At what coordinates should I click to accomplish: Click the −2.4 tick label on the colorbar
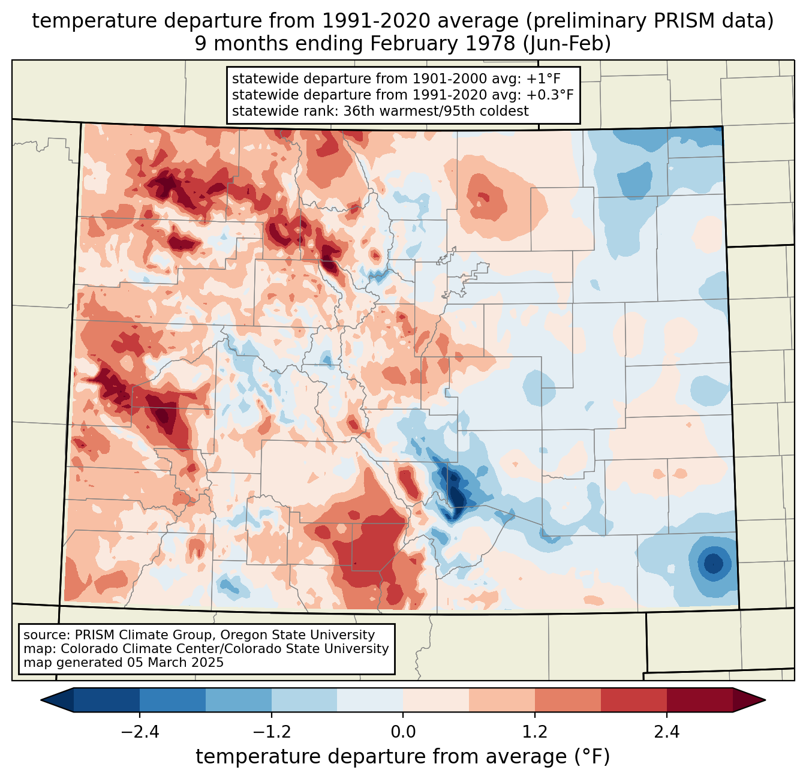(140, 732)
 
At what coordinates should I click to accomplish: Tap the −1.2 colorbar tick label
(272, 732)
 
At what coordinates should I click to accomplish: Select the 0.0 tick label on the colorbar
(403, 732)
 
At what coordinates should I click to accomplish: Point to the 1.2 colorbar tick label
(535, 732)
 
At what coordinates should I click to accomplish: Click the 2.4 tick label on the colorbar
(666, 732)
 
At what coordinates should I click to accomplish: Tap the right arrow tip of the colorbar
(763, 700)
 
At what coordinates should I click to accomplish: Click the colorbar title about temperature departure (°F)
(403, 757)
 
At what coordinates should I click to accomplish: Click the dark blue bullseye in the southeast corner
(713, 564)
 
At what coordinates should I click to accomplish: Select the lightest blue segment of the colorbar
(370, 700)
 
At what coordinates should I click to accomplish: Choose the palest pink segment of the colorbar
(436, 700)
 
